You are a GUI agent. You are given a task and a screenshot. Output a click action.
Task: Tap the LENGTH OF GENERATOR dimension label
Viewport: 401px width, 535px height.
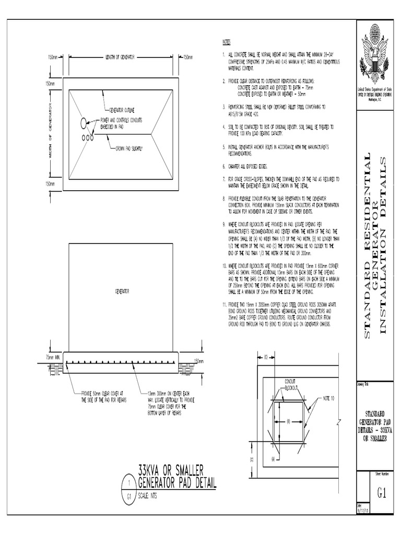120,56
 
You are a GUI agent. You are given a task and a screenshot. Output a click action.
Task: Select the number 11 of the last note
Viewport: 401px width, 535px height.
223,304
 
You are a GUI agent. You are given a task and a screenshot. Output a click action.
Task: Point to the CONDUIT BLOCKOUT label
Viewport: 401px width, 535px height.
290,384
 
